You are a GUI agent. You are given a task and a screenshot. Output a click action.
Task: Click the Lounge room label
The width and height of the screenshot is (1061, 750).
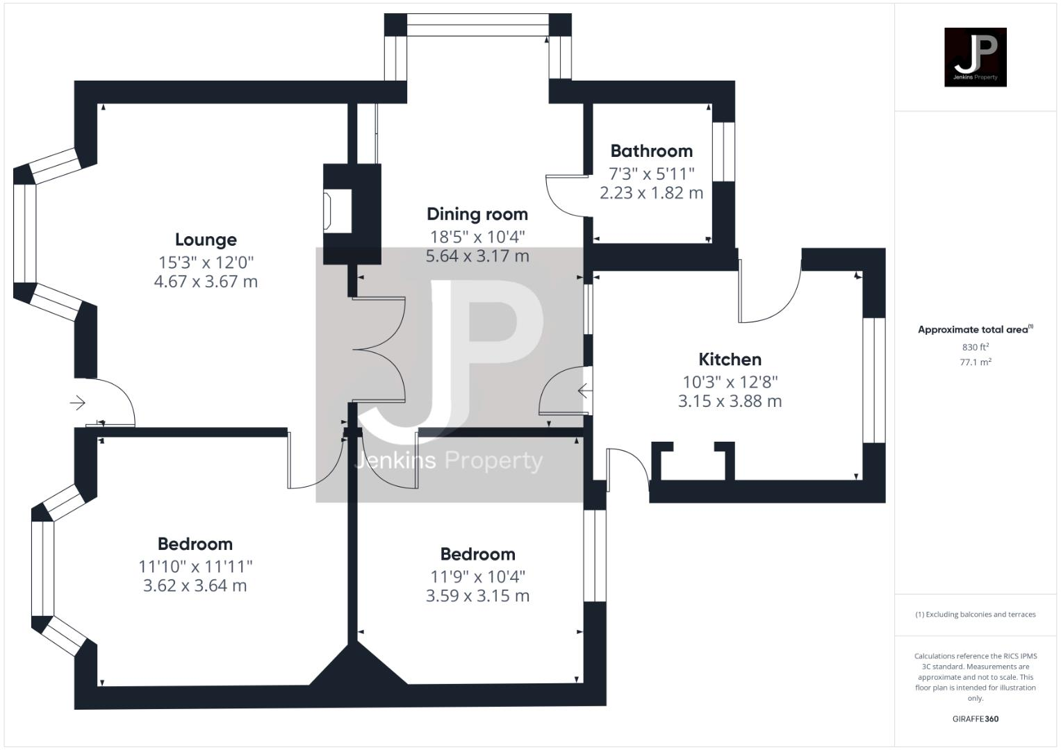click(206, 240)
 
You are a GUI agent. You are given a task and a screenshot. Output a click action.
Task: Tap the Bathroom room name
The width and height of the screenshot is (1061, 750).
click(651, 151)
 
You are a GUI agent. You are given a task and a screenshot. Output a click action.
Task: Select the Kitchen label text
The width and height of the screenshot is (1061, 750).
click(730, 360)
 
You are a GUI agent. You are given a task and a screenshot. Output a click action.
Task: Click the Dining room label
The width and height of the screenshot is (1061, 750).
click(477, 215)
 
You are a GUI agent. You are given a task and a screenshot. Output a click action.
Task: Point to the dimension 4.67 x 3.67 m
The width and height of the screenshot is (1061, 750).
click(206, 282)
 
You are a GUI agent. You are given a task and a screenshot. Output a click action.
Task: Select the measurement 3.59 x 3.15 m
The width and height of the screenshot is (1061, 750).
click(477, 596)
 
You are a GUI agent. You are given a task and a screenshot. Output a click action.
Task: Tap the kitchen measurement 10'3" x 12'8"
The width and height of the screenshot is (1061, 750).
click(730, 382)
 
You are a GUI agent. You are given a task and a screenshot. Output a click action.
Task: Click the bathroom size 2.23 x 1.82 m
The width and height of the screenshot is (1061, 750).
click(651, 193)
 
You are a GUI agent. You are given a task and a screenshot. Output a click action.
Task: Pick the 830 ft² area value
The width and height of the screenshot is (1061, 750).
click(975, 347)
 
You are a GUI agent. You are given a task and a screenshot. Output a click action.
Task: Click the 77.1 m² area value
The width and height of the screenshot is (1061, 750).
click(975, 362)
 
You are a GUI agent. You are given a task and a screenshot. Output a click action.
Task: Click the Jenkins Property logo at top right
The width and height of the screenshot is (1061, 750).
click(975, 57)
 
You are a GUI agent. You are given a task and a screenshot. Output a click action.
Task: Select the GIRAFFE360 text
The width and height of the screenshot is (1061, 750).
click(975, 719)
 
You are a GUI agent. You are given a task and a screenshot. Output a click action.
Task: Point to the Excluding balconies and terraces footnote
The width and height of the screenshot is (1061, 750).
click(975, 615)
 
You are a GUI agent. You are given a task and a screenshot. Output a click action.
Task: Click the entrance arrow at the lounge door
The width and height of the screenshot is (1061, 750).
click(77, 403)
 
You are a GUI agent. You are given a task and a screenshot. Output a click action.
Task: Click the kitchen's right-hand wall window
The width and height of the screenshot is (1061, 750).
click(873, 380)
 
